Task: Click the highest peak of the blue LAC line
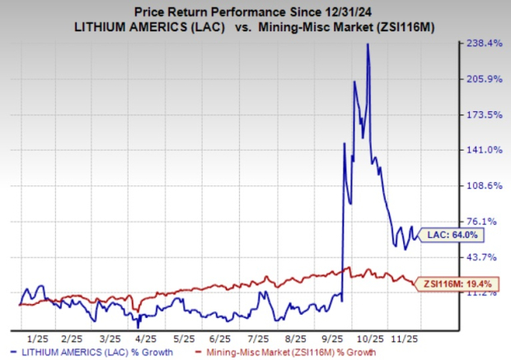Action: pyautogui.click(x=367, y=44)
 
